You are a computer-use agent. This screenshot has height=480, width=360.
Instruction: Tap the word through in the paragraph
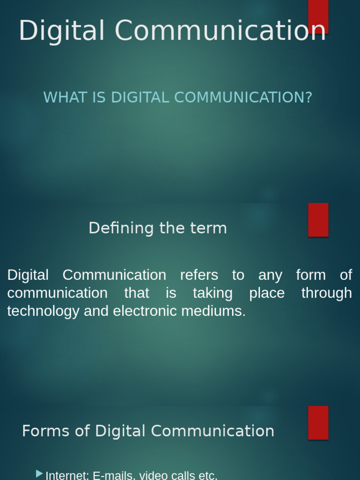click(326, 293)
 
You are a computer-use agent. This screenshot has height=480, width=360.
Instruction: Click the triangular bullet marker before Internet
click(39, 474)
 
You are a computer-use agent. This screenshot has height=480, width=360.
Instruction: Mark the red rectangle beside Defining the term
click(318, 220)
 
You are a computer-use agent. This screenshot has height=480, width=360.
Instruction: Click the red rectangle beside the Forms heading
click(318, 422)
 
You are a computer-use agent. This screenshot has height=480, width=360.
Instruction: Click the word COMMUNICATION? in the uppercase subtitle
click(243, 97)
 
